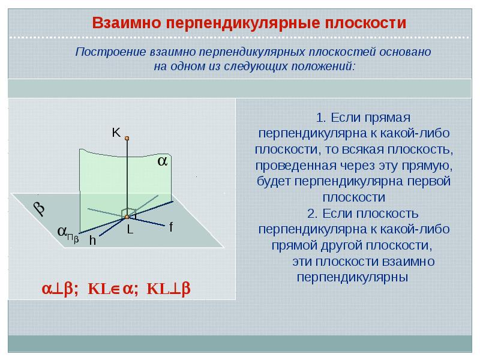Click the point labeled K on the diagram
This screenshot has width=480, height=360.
127,139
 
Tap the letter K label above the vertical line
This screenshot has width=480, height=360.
116,133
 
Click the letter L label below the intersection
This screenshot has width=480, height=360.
130,229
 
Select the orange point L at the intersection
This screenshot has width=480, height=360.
127,217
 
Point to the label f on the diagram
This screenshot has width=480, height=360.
171,227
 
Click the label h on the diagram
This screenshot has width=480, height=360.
92,241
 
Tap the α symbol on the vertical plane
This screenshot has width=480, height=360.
162,161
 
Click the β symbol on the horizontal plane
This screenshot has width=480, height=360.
39,208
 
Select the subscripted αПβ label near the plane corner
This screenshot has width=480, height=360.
68,233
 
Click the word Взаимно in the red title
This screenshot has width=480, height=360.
127,23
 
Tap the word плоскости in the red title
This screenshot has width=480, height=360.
365,23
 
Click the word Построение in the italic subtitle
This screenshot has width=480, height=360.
111,52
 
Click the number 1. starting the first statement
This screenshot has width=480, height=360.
321,118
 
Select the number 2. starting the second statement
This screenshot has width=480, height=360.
313,214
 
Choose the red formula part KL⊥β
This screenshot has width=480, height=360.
169,289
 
